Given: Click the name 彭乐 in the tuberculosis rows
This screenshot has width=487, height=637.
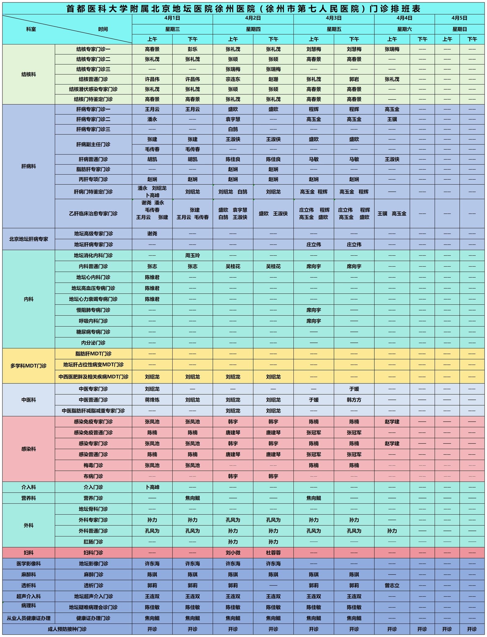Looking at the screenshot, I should coord(192,49).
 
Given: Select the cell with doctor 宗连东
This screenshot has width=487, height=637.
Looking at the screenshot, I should coord(233,79).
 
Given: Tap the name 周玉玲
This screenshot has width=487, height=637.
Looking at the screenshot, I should coord(192,255).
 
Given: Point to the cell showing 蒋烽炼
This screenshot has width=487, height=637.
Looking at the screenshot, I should coord(152,400).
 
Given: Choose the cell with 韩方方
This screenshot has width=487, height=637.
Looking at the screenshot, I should coord(354,400).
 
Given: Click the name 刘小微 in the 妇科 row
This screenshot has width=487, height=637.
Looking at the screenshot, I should coord(233,553).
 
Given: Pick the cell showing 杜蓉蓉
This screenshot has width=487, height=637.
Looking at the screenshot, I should coord(273,553).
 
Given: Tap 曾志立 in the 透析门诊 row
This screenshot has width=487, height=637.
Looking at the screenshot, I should coord(392,585).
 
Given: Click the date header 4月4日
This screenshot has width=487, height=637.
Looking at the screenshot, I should coord(404,18).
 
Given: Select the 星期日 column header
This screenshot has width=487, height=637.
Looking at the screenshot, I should coord(459,29).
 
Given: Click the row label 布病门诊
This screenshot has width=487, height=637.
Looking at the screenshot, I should coord(93,476).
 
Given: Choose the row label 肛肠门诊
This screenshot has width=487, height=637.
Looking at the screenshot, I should coord(93,542).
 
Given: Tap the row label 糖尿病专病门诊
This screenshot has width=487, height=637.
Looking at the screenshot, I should coord(93,332).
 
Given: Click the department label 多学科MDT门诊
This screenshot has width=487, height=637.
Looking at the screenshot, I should coord(29,366).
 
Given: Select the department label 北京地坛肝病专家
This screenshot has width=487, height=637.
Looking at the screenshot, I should coord(29,239).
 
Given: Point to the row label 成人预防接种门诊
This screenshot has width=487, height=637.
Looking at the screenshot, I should coord(67,629).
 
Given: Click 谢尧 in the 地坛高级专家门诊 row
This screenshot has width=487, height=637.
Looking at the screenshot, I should coord(152,234).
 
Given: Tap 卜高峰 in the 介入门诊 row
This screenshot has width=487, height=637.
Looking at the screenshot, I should coord(152,487).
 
